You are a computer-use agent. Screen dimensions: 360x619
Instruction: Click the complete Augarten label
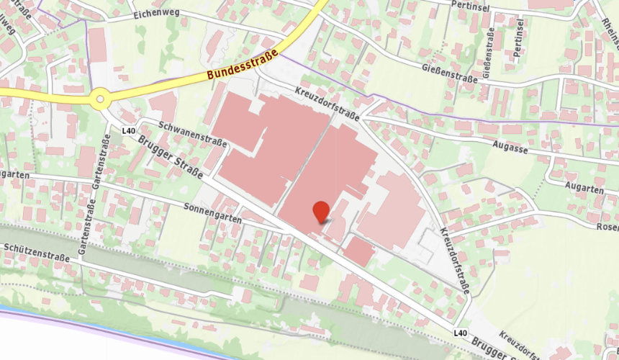tap(584, 189)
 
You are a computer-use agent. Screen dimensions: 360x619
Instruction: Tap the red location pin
tap(321, 210)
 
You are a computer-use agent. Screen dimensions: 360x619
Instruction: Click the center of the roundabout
tap(100, 99)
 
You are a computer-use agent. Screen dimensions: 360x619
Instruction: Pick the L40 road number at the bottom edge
tap(461, 332)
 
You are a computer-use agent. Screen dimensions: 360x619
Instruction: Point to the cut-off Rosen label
tap(607, 227)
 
